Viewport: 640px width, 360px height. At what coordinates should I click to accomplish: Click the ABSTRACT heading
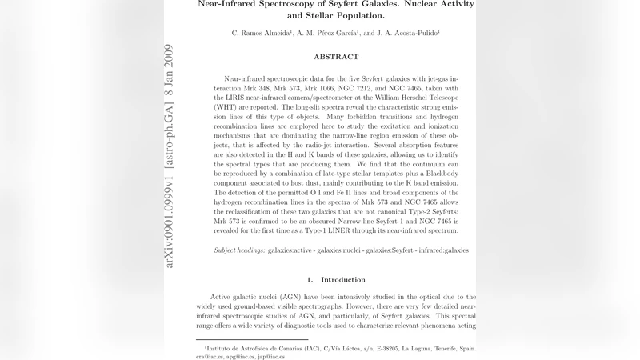coord(336,57)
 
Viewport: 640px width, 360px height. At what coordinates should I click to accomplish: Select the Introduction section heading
coord(342,280)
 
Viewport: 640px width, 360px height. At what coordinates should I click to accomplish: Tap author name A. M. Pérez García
coord(327,33)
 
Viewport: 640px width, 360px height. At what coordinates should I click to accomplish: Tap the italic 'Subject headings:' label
coord(239,250)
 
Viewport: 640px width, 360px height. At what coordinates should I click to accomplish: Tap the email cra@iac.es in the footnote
coord(212,357)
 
